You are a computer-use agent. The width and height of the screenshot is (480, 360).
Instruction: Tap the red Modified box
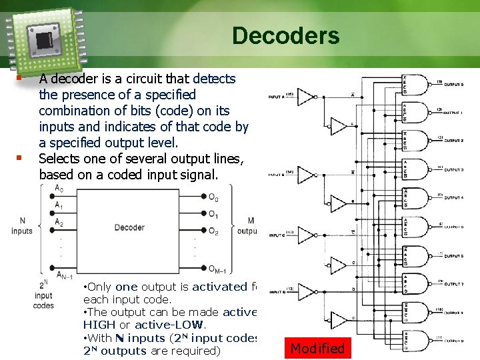pos(317,348)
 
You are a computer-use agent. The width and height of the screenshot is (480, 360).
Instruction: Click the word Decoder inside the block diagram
pos(129,227)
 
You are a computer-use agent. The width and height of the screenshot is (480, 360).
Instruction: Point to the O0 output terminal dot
pos(203,196)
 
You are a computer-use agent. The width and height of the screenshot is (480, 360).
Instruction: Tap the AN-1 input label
pos(65,274)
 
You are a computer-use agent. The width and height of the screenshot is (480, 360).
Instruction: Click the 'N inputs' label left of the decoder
pos(22,226)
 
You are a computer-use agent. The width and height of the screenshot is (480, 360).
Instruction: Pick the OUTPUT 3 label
pos(453,170)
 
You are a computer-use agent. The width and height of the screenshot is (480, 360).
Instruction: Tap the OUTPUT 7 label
pos(453,283)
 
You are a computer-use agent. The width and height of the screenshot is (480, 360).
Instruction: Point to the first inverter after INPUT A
pos(305,97)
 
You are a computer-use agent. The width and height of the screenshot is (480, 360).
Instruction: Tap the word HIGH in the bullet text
pos(99,325)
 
